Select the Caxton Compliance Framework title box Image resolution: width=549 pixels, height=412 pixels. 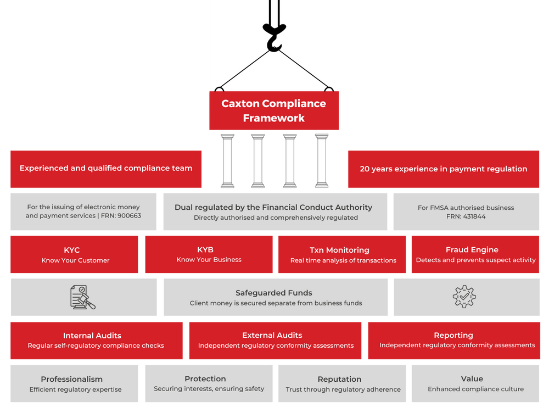(273, 110)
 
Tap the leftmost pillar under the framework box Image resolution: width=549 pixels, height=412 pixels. (227, 160)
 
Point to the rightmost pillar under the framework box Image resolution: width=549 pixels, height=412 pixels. (321, 160)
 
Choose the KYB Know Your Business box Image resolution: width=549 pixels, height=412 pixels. (209, 254)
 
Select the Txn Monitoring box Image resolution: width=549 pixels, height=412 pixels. (343, 255)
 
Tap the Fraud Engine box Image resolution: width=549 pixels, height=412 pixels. (475, 255)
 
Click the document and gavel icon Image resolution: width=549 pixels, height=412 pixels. (82, 297)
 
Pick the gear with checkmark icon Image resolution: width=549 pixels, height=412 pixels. (464, 297)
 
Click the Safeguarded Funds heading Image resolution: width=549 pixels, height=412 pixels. (273, 293)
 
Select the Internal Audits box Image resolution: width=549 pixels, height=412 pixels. (96, 341)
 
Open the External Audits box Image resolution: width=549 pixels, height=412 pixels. (275, 341)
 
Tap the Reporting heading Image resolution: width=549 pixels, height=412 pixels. (453, 335)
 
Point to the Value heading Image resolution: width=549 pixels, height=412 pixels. (472, 378)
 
